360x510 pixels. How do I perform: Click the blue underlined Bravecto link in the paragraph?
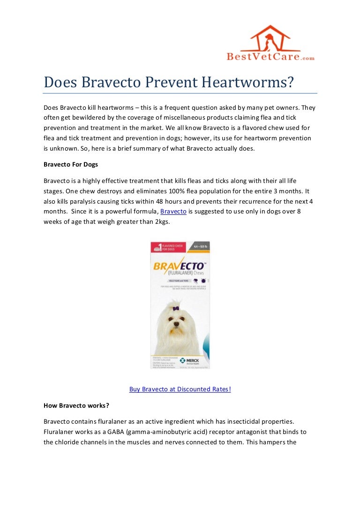tap(173, 212)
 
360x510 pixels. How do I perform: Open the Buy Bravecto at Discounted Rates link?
tap(180, 389)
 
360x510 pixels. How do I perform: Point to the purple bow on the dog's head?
tap(176, 308)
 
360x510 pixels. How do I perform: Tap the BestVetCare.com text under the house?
tap(270, 57)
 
